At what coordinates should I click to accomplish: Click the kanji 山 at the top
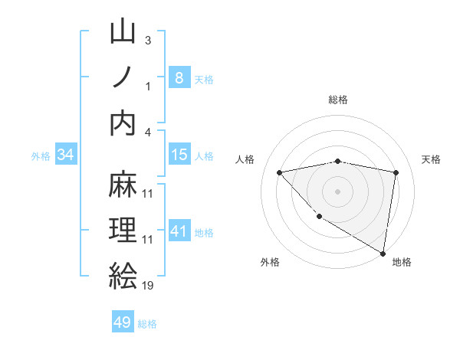123,33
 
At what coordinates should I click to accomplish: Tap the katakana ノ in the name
123,77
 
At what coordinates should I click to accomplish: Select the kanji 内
123,123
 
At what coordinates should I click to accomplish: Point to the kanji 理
123,231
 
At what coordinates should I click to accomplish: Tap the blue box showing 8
179,77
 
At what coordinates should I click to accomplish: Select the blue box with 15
179,155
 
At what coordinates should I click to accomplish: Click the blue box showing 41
179,231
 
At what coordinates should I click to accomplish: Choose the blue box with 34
66,155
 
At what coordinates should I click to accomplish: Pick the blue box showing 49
123,322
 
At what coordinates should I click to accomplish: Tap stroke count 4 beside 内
149,131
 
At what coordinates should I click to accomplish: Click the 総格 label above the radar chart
338,100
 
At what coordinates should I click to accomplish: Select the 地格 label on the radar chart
402,262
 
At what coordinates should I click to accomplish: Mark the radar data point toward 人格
280,172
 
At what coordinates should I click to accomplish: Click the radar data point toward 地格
383,253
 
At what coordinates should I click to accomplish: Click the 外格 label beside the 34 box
41,155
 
